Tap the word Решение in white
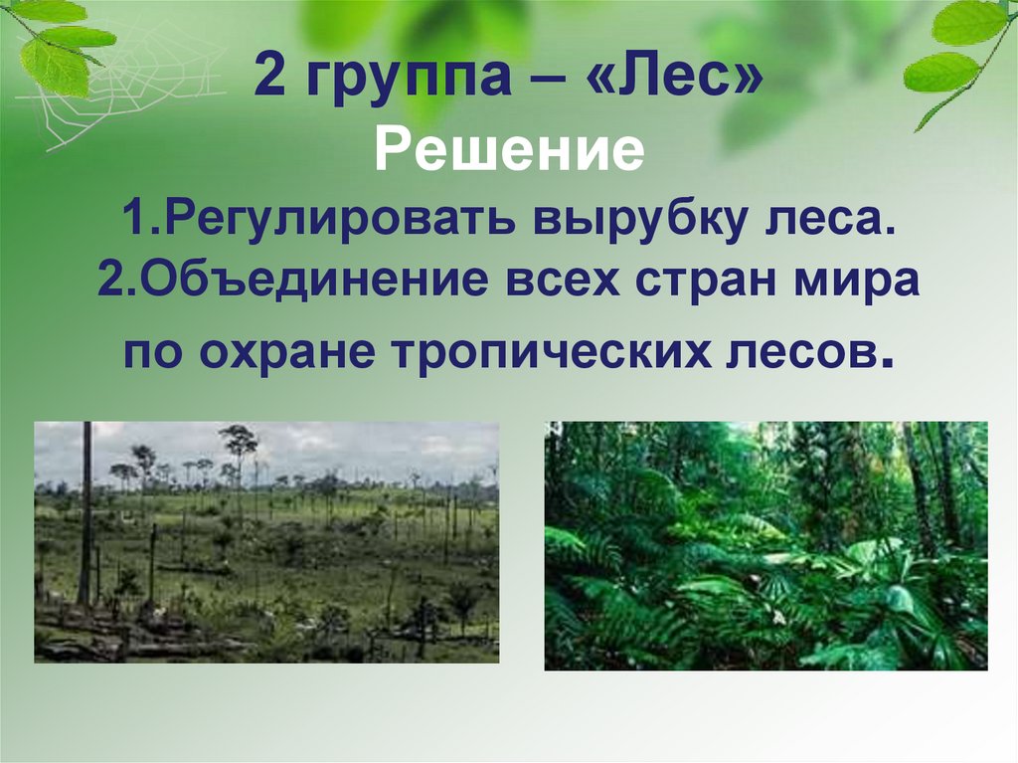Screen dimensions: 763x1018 (510, 152)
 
